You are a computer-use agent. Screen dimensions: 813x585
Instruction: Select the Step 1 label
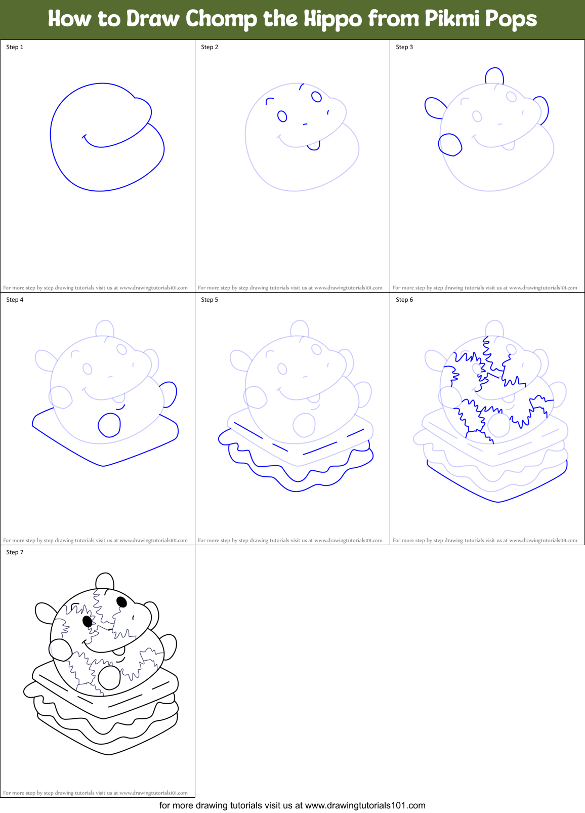(15, 47)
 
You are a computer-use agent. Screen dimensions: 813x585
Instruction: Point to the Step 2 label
(210, 47)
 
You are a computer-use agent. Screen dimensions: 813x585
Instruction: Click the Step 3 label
(404, 47)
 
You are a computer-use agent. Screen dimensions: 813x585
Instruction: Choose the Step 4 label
(15, 300)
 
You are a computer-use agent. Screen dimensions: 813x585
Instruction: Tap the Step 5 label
(210, 300)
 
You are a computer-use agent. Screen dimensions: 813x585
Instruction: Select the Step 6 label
(404, 300)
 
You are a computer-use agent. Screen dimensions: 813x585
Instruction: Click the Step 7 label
(15, 552)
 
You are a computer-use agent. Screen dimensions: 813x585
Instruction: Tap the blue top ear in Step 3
(494, 76)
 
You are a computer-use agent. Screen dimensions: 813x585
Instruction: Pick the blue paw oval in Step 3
(450, 144)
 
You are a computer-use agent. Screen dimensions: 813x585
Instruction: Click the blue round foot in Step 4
(109, 425)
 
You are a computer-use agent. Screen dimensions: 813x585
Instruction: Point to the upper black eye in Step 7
(121, 601)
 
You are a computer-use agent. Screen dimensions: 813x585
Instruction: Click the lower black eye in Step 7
(87, 621)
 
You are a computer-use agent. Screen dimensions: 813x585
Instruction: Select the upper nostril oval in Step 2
(317, 97)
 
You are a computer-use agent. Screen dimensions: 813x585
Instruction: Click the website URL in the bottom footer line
(365, 805)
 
